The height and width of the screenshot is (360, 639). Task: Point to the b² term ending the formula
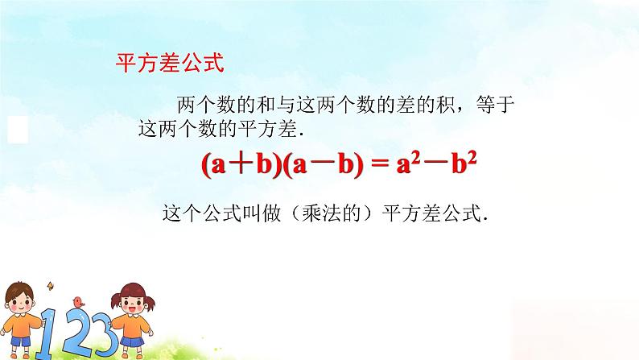pyautogui.click(x=468, y=165)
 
